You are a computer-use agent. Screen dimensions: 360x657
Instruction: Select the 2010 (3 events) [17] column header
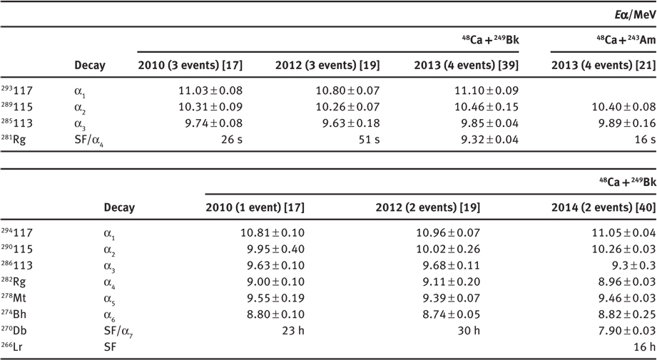(x=190, y=66)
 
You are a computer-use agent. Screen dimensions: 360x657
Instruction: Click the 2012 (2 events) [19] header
(x=427, y=207)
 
